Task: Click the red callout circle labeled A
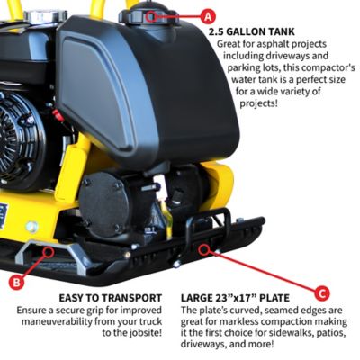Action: pyautogui.click(x=209, y=15)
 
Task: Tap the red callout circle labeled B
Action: pyautogui.click(x=16, y=282)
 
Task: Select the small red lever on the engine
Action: pyautogui.click(x=58, y=116)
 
